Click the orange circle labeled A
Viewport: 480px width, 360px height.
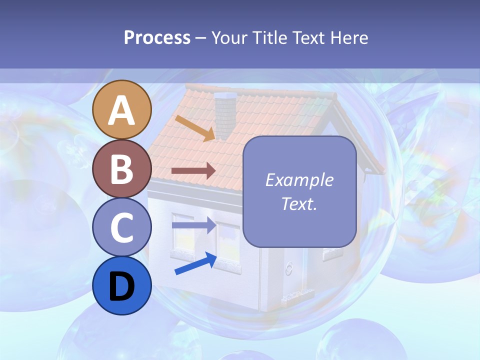(x=122, y=109)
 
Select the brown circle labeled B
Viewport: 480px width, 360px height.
(x=122, y=168)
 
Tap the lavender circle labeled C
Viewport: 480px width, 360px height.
(x=122, y=227)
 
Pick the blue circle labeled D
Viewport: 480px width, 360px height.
(x=122, y=286)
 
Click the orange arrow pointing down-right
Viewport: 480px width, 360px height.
(x=195, y=128)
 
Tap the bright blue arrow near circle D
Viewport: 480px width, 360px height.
(x=195, y=264)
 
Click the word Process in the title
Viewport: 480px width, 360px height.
(x=157, y=37)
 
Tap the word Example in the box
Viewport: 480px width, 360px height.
(x=299, y=180)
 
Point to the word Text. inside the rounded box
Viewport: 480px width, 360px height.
(x=299, y=203)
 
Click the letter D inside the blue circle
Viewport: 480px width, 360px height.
(x=122, y=286)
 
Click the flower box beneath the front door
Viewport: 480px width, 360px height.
(x=298, y=300)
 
